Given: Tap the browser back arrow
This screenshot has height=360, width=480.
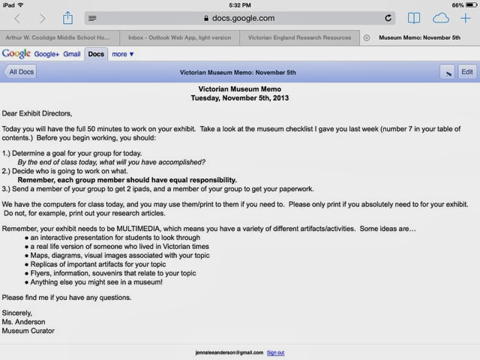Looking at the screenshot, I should (x=18, y=18).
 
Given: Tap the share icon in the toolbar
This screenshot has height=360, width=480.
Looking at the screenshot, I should (x=67, y=18).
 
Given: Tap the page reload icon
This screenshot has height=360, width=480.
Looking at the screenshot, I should (x=388, y=18).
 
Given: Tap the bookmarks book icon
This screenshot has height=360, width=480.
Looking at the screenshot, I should (x=413, y=18).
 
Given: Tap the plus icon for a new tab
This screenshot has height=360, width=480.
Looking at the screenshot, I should (x=466, y=18).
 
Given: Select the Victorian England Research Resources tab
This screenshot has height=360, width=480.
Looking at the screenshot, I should (x=299, y=37).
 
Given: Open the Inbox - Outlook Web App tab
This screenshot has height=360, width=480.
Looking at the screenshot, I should (x=179, y=37).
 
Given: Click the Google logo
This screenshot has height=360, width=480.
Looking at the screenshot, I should (x=16, y=54).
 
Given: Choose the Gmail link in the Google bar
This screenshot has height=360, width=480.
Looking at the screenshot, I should (x=71, y=54).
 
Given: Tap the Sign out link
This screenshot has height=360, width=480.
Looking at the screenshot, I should (x=275, y=352).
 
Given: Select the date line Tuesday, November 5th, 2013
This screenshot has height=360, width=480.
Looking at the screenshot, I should (x=239, y=97).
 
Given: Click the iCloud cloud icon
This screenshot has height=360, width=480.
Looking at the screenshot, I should (x=441, y=18).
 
